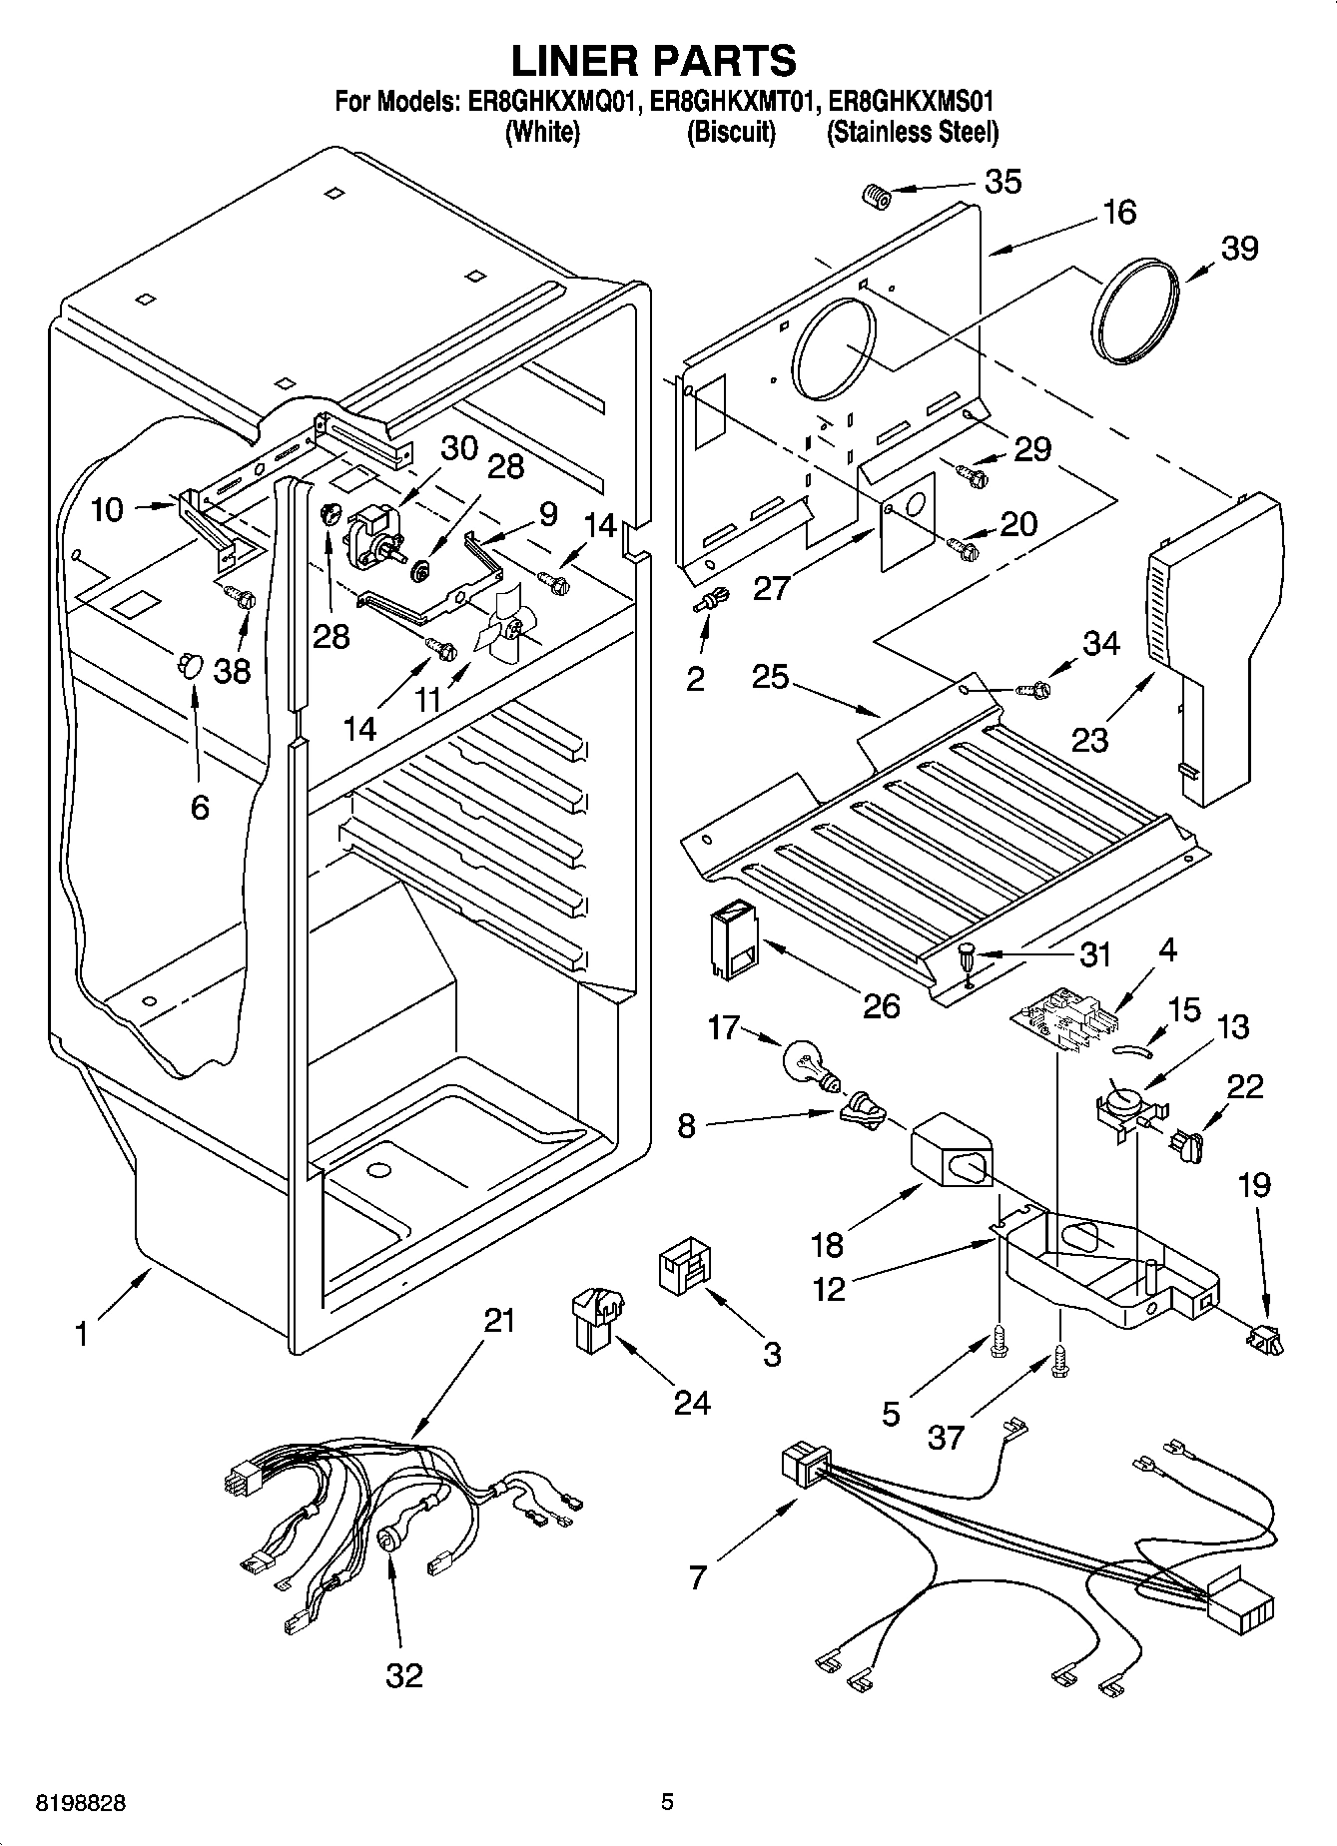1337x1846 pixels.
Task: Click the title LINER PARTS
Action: pyautogui.click(x=654, y=61)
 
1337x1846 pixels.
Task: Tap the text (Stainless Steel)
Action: pyautogui.click(x=912, y=132)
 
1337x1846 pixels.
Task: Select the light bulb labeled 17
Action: pyautogui.click(x=811, y=1064)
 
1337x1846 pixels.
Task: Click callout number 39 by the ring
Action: pyautogui.click(x=1240, y=248)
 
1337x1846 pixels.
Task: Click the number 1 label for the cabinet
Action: pyautogui.click(x=82, y=1334)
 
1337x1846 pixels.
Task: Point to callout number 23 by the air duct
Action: pyautogui.click(x=1090, y=740)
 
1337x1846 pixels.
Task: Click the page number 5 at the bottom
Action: pyautogui.click(x=667, y=1802)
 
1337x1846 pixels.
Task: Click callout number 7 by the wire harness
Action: pyautogui.click(x=697, y=1576)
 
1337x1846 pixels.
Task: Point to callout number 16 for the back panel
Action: pyautogui.click(x=1119, y=212)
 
